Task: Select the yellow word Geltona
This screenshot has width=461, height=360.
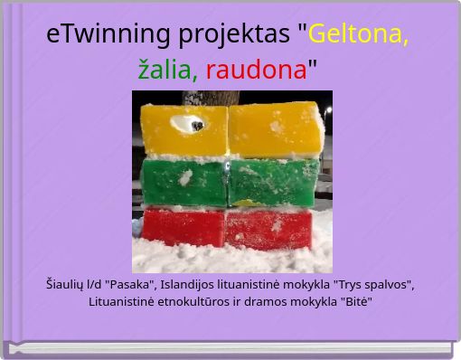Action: [358, 34]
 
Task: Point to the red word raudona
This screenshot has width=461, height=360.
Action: [256, 69]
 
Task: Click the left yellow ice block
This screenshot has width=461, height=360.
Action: [183, 130]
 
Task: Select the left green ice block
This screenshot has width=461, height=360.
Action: [183, 181]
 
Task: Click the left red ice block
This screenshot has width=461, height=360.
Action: [183, 227]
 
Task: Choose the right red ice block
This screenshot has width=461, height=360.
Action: [268, 229]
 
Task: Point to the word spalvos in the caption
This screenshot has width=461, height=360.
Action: [389, 285]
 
